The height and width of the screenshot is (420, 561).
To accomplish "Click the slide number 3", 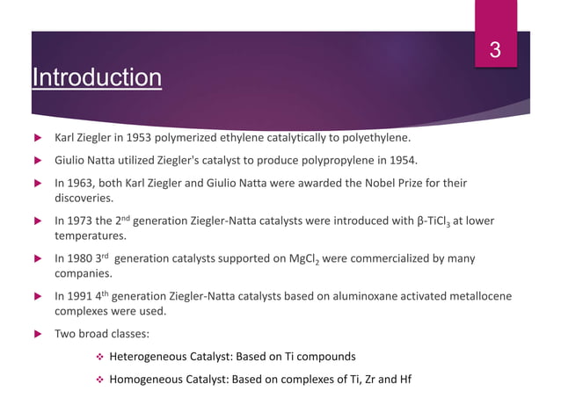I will pos(495,51).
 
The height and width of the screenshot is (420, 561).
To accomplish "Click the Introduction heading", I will pos(96,78).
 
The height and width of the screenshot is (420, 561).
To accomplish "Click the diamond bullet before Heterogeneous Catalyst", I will pos(99,357).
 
